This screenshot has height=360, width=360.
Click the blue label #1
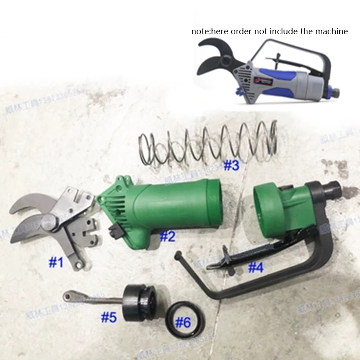[56, 263]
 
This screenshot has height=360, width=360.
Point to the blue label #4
[255, 268]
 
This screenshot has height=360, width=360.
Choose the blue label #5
[108, 318]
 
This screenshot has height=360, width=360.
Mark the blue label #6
[183, 322]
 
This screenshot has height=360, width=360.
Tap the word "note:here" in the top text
[207, 31]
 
